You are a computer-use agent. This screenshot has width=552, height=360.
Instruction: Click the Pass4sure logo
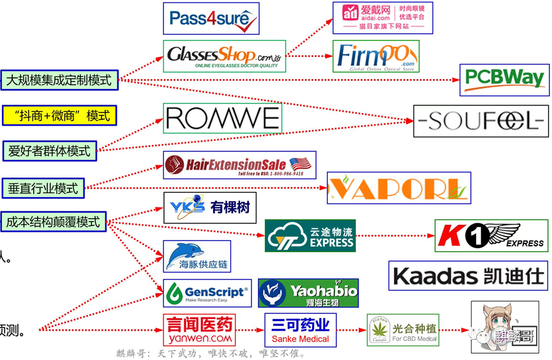(211, 19)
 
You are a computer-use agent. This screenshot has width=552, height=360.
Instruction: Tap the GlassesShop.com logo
(224, 56)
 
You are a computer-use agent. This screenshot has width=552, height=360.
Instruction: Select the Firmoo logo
(375, 56)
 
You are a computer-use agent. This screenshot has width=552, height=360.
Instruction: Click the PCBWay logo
(504, 79)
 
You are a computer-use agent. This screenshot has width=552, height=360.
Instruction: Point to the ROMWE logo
(221, 119)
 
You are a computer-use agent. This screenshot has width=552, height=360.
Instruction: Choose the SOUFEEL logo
(481, 121)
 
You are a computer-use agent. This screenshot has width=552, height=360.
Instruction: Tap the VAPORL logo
(399, 188)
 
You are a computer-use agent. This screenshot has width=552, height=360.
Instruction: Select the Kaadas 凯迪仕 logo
(468, 276)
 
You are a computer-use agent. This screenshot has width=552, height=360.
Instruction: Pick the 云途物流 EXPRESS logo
(310, 236)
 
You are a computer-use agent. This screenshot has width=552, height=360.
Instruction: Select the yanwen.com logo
(199, 329)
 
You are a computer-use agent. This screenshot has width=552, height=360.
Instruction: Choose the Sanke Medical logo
(301, 329)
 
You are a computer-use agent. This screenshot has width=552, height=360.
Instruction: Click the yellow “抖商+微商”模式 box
(59, 116)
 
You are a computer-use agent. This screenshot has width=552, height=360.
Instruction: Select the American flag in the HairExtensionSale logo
(300, 162)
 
